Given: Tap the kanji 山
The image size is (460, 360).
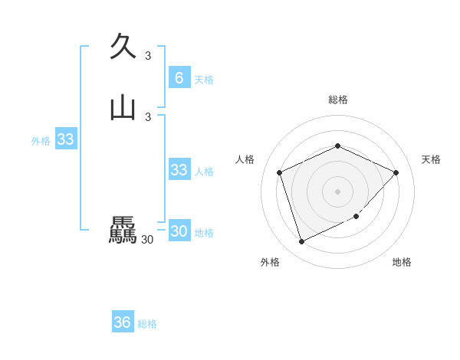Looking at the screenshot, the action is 123,107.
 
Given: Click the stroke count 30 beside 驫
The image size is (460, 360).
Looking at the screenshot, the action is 147,240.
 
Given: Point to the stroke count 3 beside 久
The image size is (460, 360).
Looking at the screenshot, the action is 148,55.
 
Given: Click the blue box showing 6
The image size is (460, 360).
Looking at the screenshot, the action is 179,77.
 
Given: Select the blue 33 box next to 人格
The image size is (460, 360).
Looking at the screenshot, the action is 179,170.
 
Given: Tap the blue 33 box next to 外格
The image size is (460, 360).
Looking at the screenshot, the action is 65,139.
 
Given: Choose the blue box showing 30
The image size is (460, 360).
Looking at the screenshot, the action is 179,231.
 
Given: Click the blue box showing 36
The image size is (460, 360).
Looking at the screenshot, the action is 122,322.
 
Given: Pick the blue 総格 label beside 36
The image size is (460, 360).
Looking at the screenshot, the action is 147,324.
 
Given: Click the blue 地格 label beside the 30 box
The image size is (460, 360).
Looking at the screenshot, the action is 204,233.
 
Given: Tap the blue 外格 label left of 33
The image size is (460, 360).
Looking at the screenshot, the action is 41,141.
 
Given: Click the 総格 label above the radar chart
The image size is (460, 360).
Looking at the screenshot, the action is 337,100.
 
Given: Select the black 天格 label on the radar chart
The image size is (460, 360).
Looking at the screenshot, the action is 431,159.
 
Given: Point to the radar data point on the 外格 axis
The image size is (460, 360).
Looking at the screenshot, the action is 301,242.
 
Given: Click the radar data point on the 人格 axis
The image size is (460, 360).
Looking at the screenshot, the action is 280,172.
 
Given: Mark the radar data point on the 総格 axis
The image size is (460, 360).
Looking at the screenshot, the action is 337,146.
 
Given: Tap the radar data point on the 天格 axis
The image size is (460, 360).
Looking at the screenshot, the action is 396,172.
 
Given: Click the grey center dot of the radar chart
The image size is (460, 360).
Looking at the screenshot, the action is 337,191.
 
